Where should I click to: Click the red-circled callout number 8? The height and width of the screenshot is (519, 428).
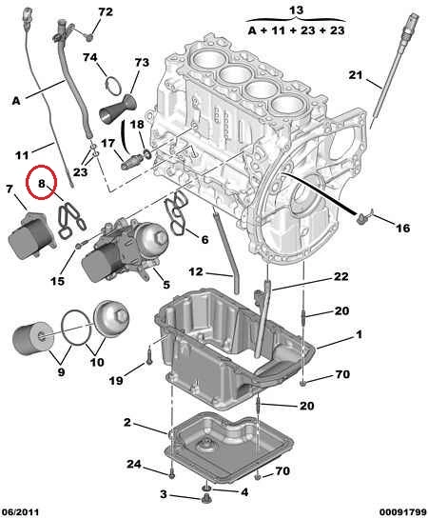point(41,183)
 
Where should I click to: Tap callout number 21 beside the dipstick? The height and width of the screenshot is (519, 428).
point(356,75)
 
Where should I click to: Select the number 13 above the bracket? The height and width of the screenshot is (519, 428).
point(296,10)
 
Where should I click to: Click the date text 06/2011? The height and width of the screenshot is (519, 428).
point(21,512)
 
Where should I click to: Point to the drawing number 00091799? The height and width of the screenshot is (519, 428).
point(403,512)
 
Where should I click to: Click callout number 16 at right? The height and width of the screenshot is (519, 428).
point(402,228)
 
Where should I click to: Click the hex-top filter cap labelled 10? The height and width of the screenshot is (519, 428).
point(111,317)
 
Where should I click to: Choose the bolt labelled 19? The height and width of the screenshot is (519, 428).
point(149,354)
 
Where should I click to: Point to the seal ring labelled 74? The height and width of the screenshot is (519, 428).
point(113,86)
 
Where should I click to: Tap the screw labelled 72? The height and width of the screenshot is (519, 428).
point(88,37)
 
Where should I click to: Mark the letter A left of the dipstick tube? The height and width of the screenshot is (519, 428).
point(16,101)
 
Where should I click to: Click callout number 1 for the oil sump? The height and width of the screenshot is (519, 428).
point(359,334)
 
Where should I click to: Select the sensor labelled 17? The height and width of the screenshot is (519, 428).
point(131,161)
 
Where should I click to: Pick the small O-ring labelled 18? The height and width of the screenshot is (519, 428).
point(146,153)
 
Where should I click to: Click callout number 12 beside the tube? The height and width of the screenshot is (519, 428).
point(196,272)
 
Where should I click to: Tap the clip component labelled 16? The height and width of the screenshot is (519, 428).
point(365,216)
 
